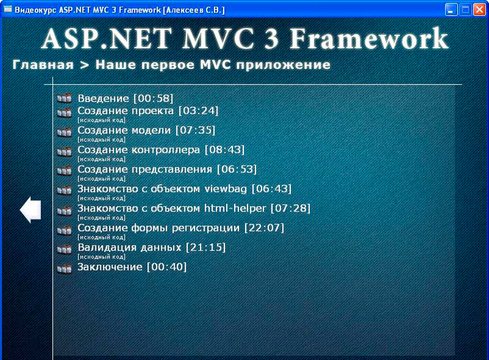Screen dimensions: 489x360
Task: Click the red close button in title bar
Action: pos(480,10)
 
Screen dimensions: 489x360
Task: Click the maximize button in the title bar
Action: pos(465,10)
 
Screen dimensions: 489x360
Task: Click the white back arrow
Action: pos(31,210)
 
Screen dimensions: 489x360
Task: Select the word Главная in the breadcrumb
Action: pos(43,65)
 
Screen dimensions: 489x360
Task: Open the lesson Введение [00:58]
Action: pos(125,98)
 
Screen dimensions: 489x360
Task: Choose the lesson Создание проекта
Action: pos(148,111)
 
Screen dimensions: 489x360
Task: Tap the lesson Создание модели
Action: pos(146,130)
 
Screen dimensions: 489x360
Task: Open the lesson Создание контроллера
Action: pos(161,150)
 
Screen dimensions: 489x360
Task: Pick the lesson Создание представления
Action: pos(167,169)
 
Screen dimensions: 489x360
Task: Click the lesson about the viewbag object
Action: pos(185,189)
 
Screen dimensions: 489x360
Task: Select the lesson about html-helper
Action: pos(194,208)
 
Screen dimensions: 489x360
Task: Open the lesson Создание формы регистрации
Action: pos(181,228)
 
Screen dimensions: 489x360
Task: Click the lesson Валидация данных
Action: pos(152,248)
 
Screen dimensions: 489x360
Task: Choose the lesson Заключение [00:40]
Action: pos(132,267)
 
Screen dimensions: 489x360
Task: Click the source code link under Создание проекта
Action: pos(101,120)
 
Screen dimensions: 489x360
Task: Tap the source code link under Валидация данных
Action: pos(101,257)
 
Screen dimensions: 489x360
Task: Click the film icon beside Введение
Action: pos(65,98)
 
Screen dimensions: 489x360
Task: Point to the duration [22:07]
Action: pos(264,228)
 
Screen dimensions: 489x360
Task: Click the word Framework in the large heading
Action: pos(369,38)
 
